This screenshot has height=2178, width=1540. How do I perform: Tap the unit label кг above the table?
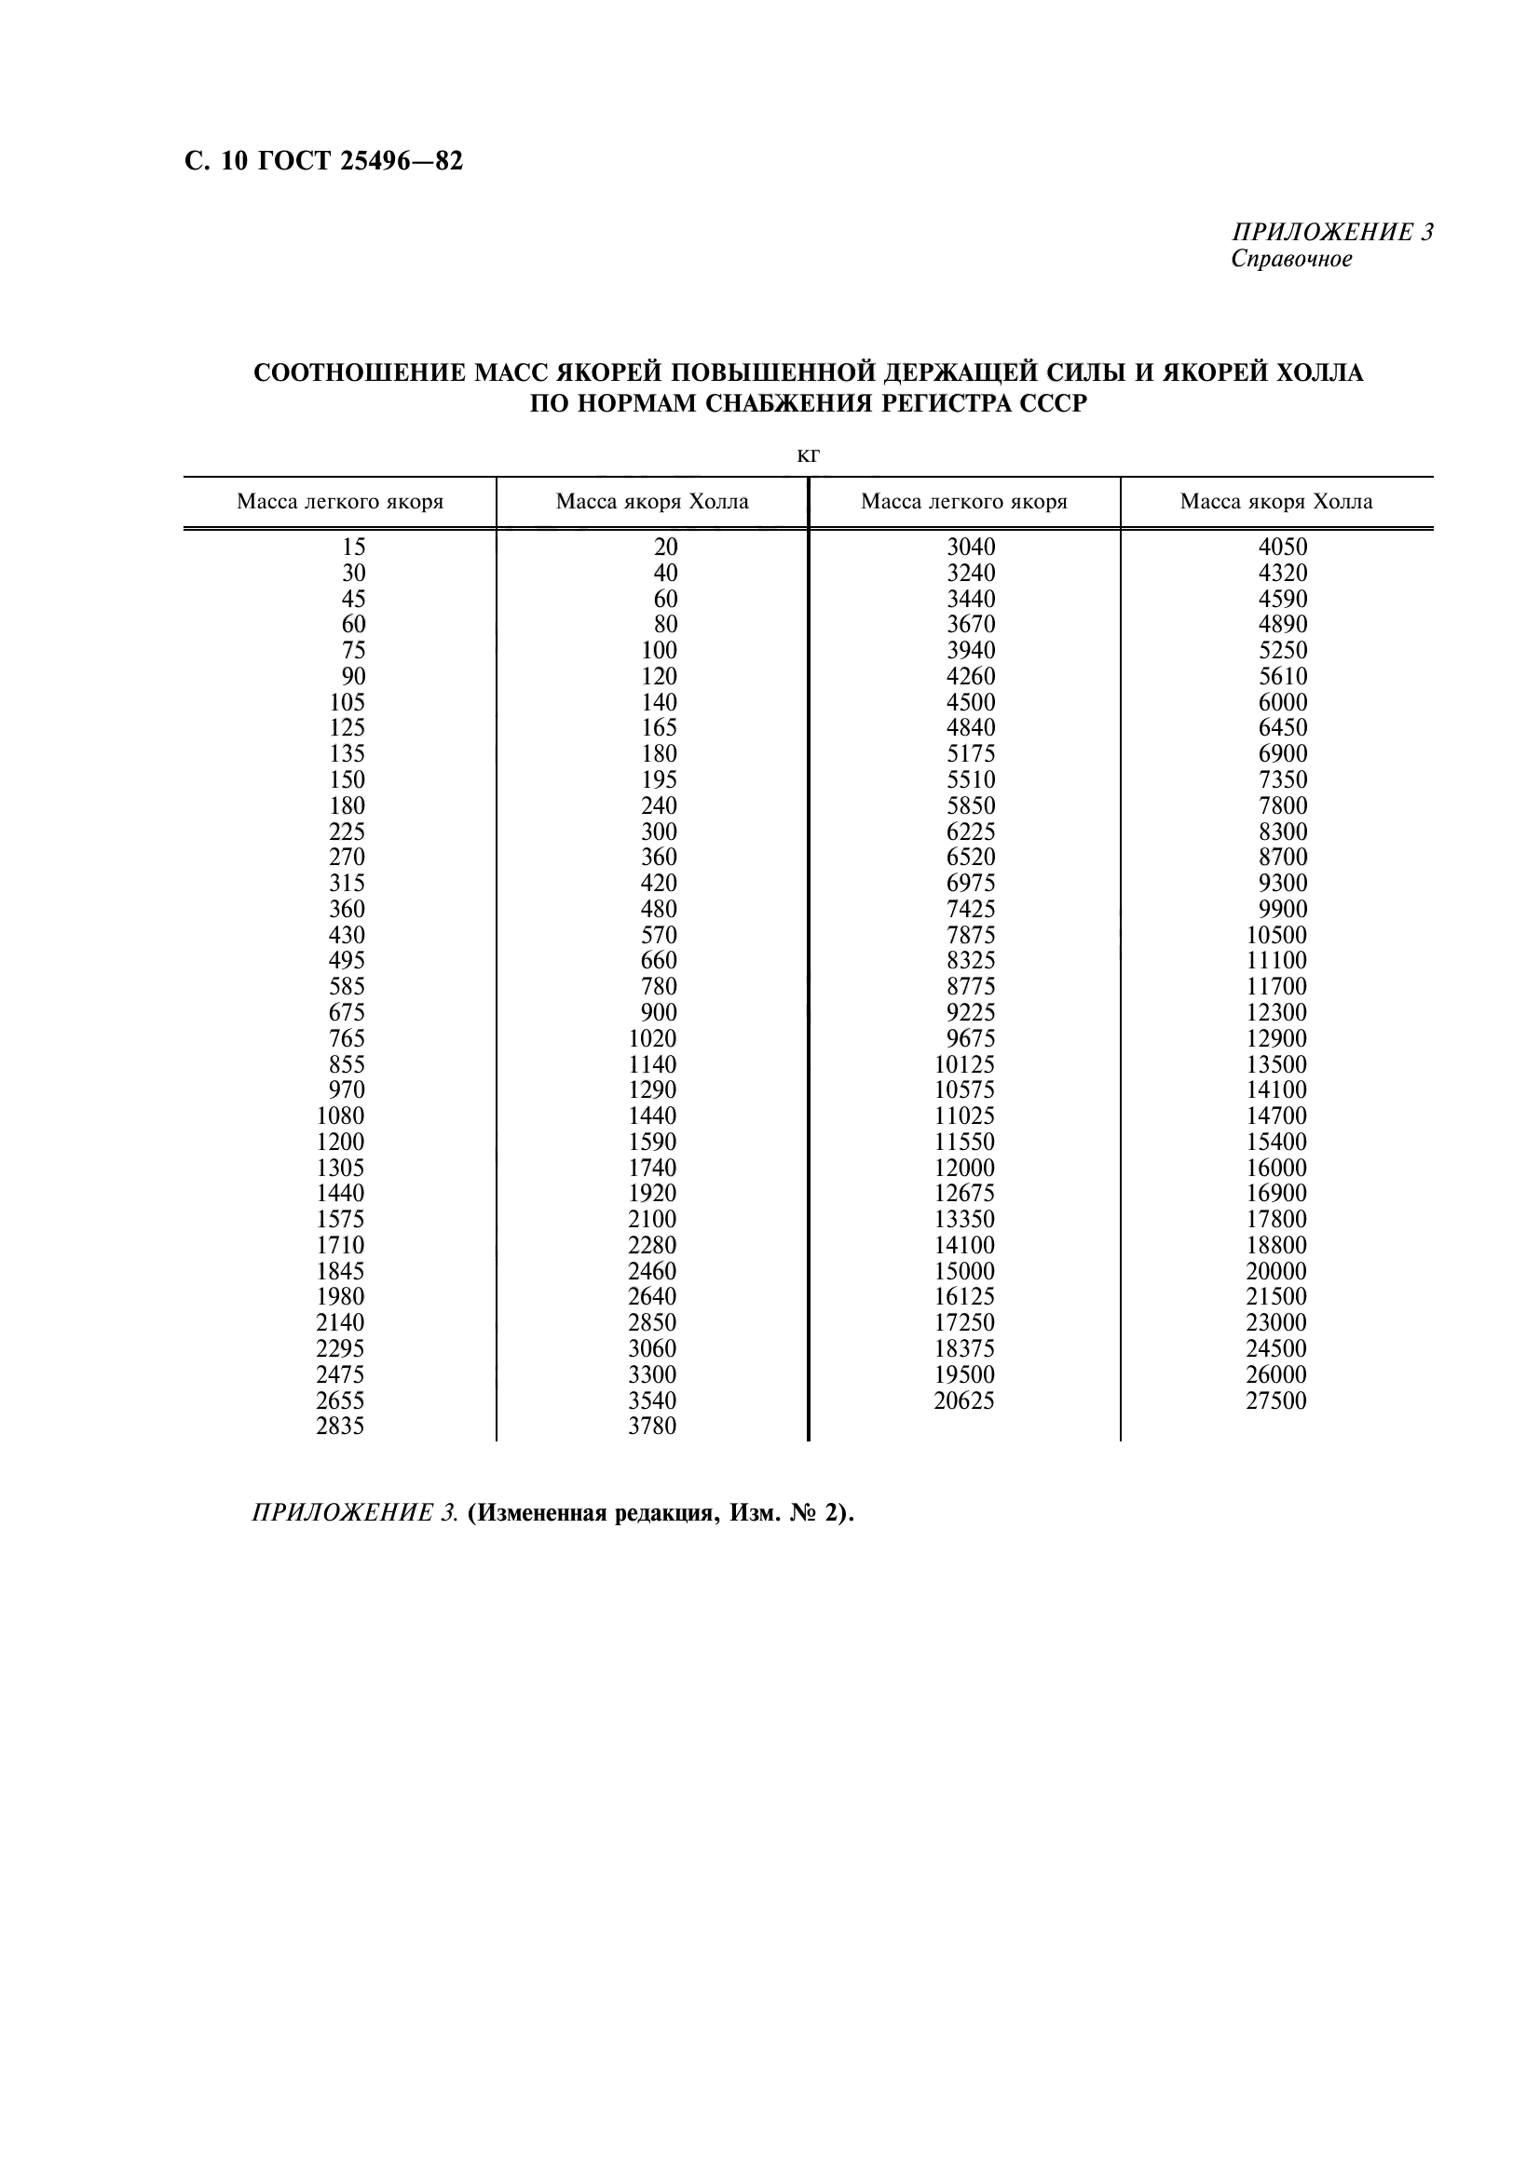(x=808, y=456)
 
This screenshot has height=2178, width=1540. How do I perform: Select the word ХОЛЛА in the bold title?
(x=1320, y=372)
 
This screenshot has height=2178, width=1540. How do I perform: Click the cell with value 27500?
(x=1275, y=1401)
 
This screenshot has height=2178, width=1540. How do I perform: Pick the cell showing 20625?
(x=963, y=1401)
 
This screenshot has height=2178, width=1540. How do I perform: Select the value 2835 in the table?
(x=340, y=1427)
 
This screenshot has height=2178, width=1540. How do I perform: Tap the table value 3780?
(x=652, y=1427)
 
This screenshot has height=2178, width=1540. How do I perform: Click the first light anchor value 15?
(x=353, y=548)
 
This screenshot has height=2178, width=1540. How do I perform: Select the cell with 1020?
(x=652, y=1039)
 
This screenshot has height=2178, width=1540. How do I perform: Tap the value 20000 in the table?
(x=1275, y=1271)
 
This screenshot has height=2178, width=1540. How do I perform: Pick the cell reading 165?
(x=659, y=727)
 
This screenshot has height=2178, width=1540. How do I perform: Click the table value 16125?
(x=963, y=1297)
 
